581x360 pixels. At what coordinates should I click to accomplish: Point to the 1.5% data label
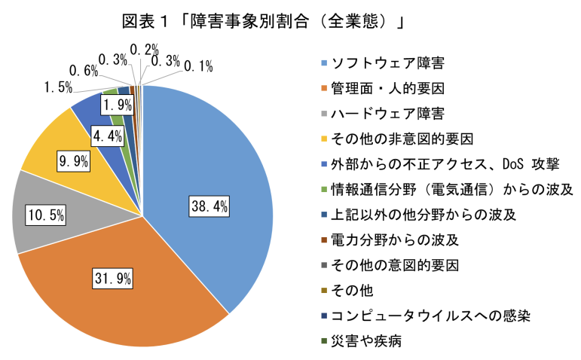click(x=54, y=87)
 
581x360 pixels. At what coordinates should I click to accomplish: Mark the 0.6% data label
click(x=83, y=71)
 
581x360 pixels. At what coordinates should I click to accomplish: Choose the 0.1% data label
click(x=197, y=67)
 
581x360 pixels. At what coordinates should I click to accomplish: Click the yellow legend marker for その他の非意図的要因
click(x=324, y=139)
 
